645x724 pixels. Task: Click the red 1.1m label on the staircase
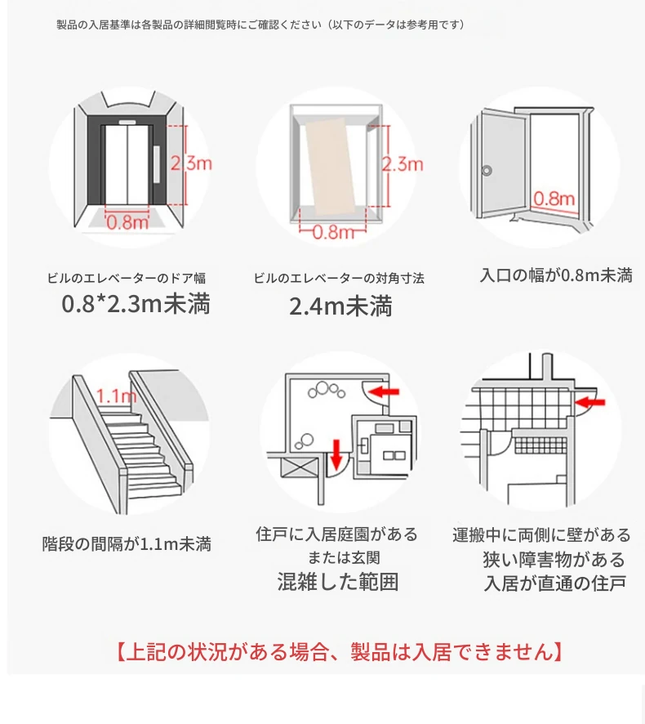[115, 396]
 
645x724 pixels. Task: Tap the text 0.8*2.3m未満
[136, 304]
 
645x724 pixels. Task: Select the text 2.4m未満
[340, 306]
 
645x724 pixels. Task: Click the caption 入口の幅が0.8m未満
[555, 275]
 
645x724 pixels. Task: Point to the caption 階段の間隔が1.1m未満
[127, 543]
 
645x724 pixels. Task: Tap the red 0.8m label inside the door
[554, 198]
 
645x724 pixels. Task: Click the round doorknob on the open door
[487, 171]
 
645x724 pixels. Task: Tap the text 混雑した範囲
[337, 582]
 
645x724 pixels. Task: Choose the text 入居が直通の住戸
[554, 583]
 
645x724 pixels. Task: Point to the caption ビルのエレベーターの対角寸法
[339, 278]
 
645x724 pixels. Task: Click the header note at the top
[260, 25]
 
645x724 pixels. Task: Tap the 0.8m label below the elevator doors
[128, 221]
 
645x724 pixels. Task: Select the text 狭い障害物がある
[554, 560]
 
